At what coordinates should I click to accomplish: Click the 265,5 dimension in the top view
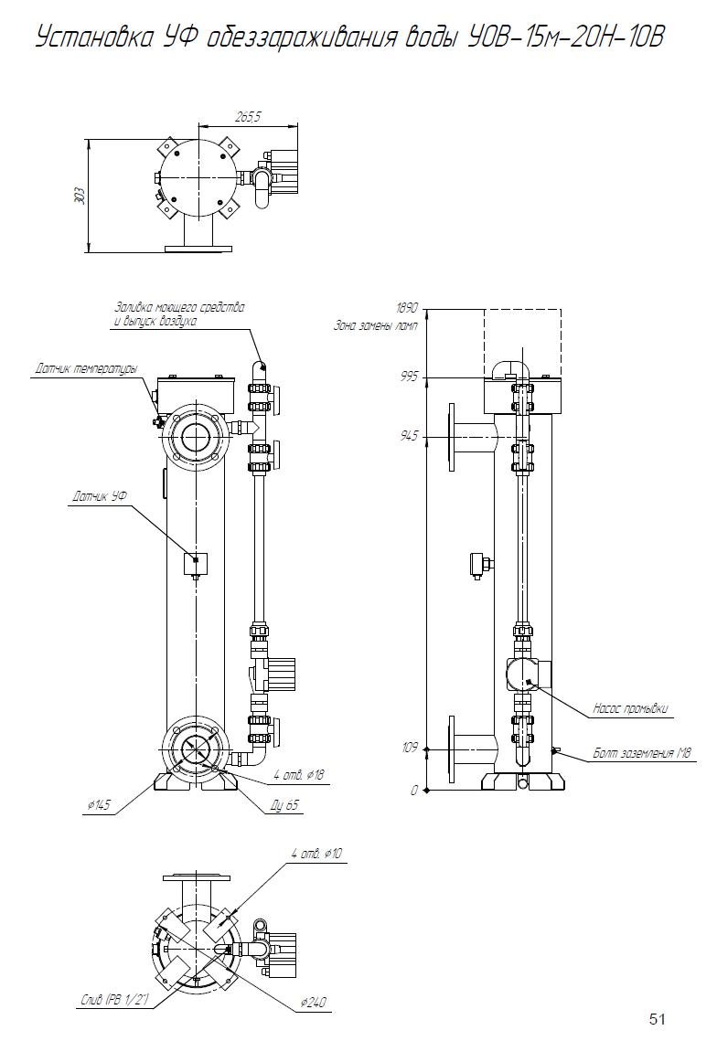click(248, 117)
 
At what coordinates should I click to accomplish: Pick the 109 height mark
click(409, 748)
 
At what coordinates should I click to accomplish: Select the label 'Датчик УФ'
click(99, 497)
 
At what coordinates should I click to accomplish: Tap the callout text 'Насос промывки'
click(630, 708)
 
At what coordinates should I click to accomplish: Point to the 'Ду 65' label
click(286, 804)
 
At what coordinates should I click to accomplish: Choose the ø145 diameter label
click(99, 804)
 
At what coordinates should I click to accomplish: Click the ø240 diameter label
click(314, 1003)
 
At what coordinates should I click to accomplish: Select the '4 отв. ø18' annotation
click(299, 775)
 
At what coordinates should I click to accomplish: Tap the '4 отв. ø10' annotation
click(316, 854)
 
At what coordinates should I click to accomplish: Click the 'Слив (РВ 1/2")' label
click(112, 1003)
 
